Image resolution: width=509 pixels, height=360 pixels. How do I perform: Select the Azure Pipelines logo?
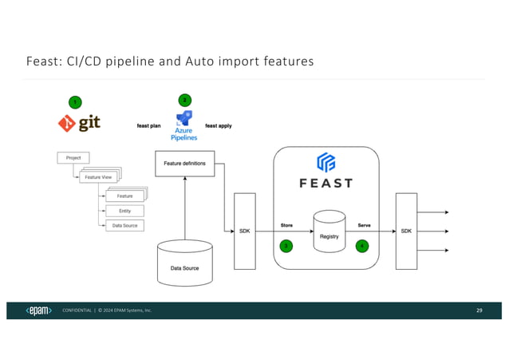[x=184, y=126]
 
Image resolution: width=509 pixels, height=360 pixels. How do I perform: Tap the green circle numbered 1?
[x=74, y=102]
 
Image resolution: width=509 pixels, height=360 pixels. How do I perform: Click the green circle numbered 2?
[x=184, y=100]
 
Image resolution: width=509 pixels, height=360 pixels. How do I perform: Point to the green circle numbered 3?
[x=286, y=246]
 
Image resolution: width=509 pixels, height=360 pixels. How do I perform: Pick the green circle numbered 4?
[x=362, y=246]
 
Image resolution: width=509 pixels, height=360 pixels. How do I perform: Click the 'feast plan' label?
[x=150, y=125]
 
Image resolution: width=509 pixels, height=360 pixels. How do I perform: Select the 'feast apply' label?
[x=218, y=125]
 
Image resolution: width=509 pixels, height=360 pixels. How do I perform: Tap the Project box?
[x=73, y=158]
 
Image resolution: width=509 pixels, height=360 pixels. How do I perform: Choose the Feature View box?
[x=99, y=176]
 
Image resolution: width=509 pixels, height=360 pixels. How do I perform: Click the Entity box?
[x=124, y=211]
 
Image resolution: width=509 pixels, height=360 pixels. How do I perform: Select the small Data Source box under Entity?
[x=124, y=225]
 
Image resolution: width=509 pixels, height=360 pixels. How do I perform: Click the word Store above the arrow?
[x=286, y=225]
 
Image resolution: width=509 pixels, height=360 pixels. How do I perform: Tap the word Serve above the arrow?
[x=363, y=225]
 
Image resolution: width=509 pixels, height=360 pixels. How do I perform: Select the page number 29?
[x=479, y=310]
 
